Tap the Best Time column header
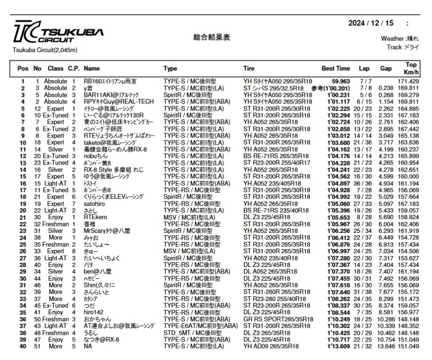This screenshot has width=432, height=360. coord(336,69)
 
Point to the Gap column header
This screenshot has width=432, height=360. coord(386,69)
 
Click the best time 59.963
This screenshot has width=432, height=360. coord(341,81)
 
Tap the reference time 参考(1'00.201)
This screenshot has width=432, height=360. coord(330,88)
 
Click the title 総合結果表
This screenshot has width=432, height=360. coord(212,38)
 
